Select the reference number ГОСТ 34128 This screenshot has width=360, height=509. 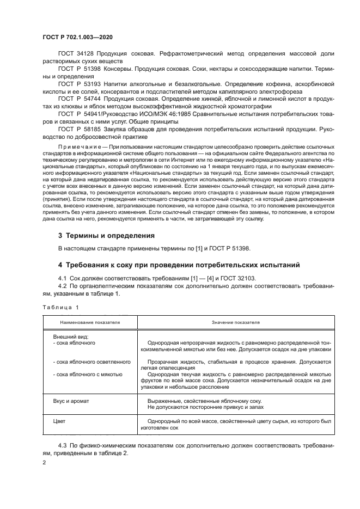tap(74, 55)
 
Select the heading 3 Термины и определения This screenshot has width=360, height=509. tap(106, 236)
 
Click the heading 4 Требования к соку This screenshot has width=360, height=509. tap(179, 266)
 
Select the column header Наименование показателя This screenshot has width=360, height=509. tap(86, 322)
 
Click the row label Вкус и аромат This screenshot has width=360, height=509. tap(71, 400)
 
